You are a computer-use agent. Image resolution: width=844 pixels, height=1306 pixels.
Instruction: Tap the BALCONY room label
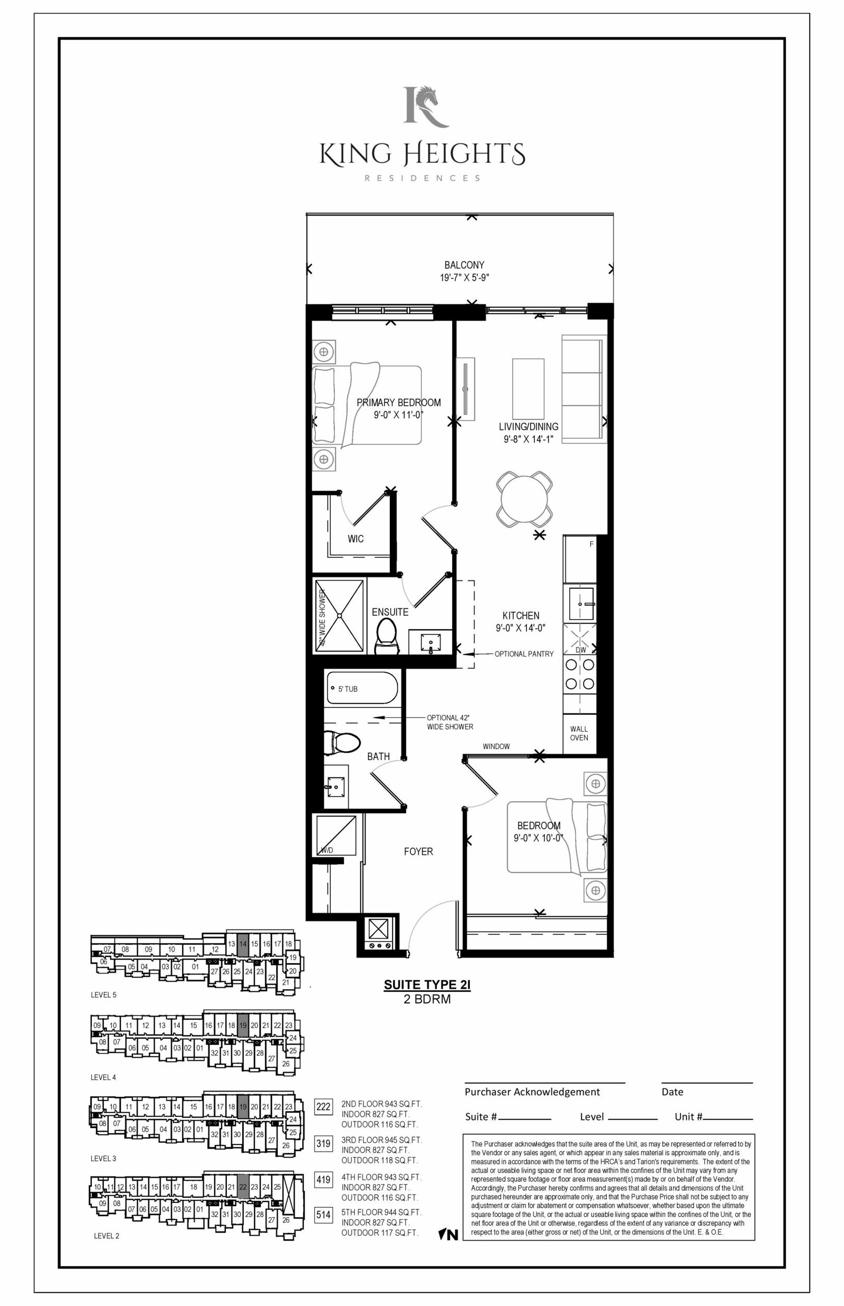coord(464,265)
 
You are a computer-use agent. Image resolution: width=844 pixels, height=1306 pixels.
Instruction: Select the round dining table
coord(524,499)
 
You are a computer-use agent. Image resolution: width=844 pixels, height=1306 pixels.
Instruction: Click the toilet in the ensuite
coord(387,637)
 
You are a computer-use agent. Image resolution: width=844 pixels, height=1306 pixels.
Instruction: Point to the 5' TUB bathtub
coord(362,688)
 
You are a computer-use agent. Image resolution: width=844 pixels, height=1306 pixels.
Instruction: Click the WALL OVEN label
coord(579,734)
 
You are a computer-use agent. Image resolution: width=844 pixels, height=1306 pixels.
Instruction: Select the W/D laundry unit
coord(334,835)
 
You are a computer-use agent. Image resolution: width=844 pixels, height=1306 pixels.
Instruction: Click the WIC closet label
coord(356,539)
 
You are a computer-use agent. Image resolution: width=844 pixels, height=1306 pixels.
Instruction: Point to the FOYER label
coord(418,851)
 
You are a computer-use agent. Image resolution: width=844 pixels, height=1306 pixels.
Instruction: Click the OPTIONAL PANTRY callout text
coord(524,654)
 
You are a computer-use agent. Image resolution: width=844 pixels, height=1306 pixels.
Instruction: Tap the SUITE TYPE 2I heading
coord(427,984)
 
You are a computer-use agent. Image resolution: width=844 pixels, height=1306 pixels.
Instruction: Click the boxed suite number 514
coord(323,1215)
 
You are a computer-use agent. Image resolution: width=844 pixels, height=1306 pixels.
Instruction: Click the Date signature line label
coord(672,1092)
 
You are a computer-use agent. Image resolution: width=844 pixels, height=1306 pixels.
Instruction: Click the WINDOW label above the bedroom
coord(496,747)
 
